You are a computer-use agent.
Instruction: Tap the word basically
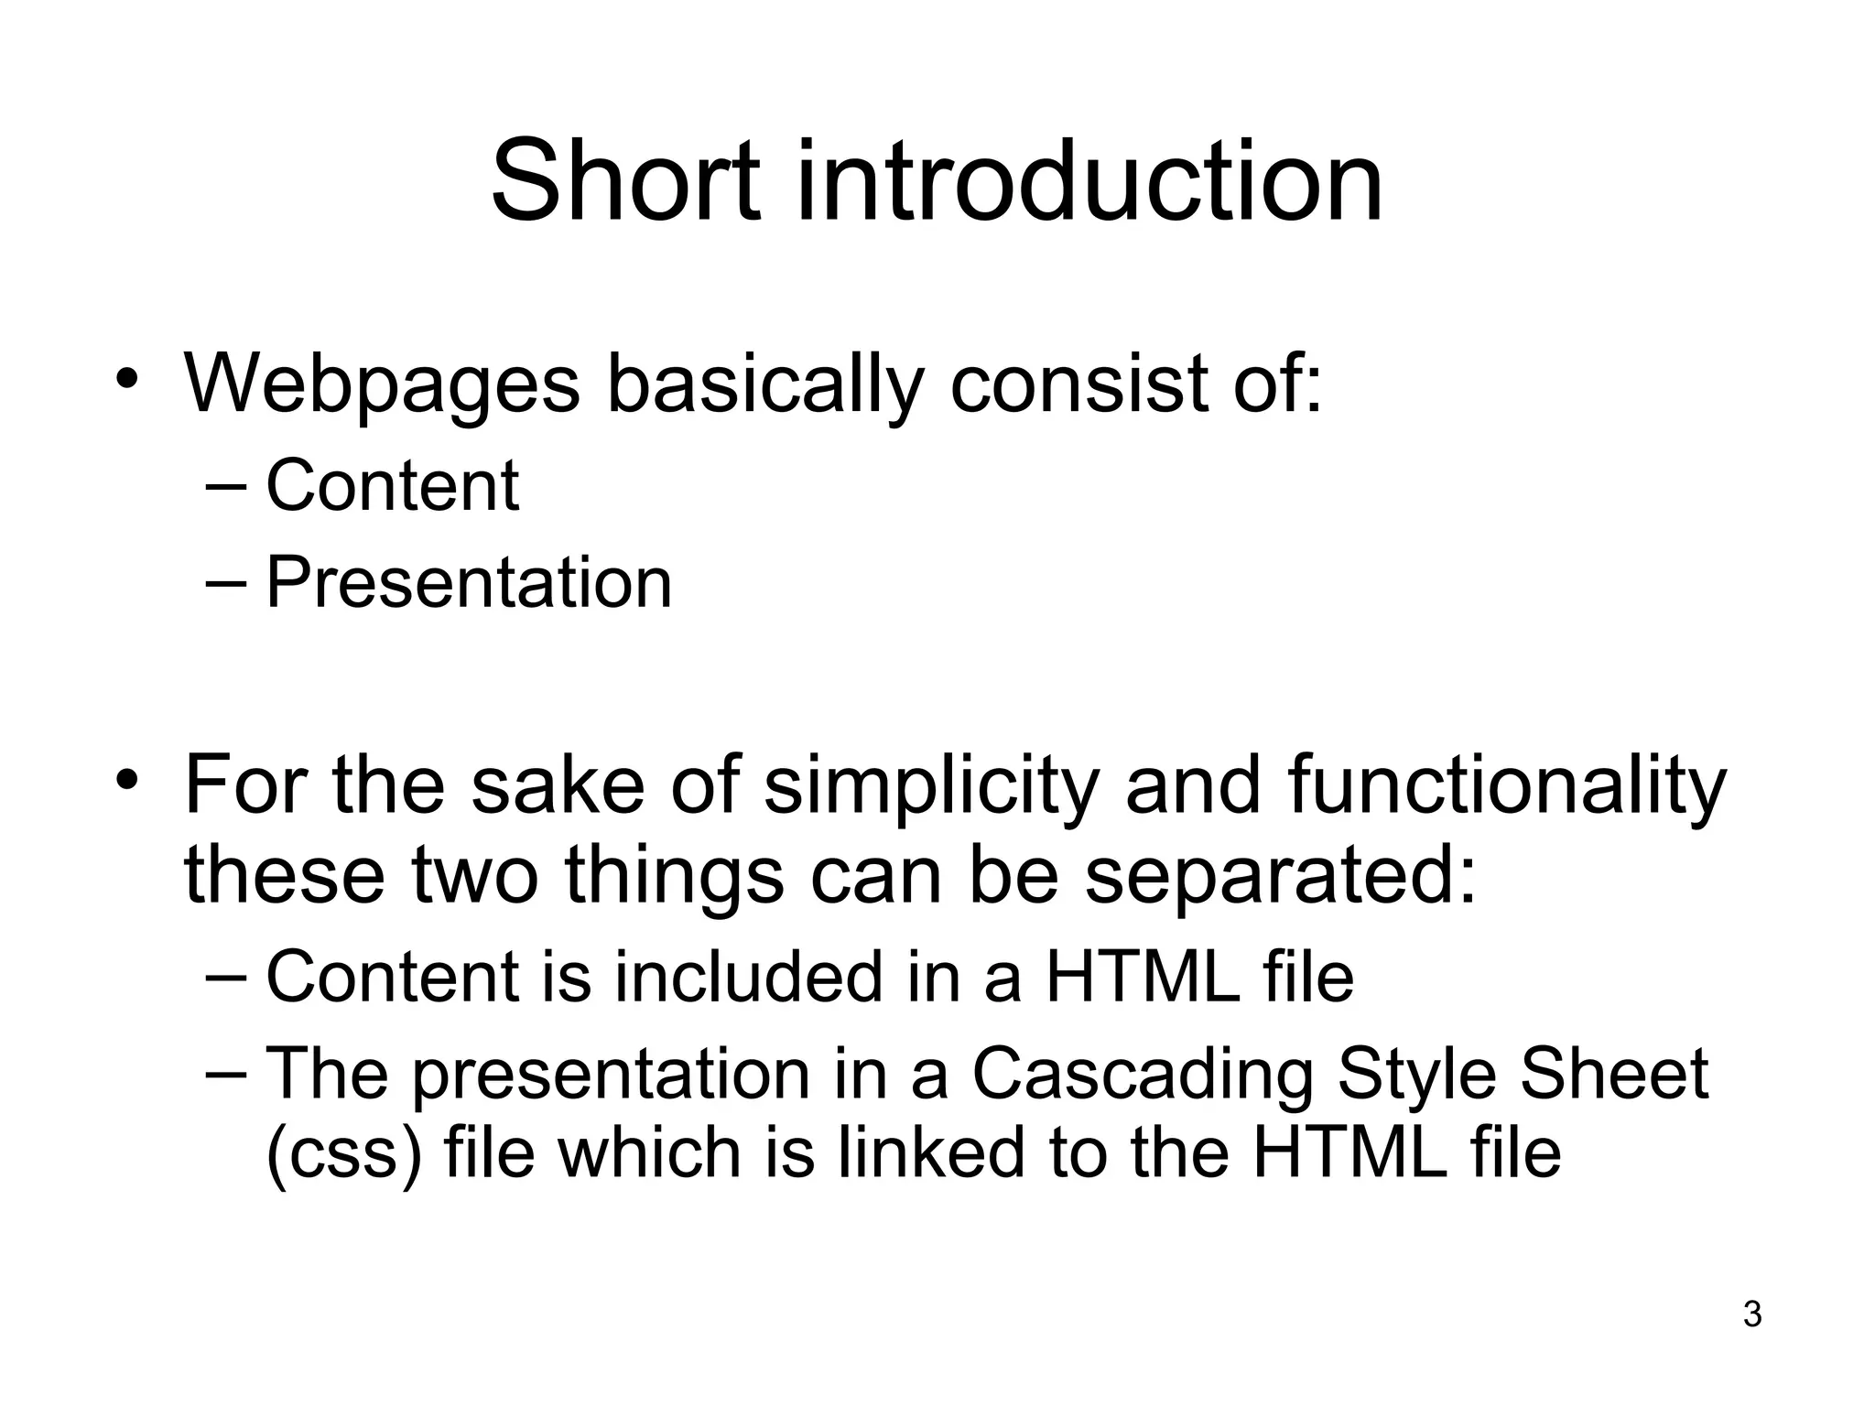click(x=764, y=383)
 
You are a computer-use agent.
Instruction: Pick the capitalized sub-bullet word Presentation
click(x=469, y=582)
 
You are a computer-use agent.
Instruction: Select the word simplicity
click(x=929, y=785)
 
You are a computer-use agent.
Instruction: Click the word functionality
click(x=1506, y=785)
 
